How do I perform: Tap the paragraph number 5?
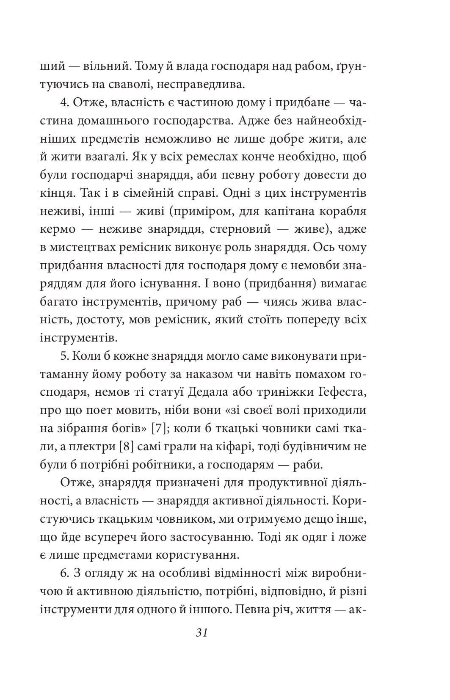(65, 356)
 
